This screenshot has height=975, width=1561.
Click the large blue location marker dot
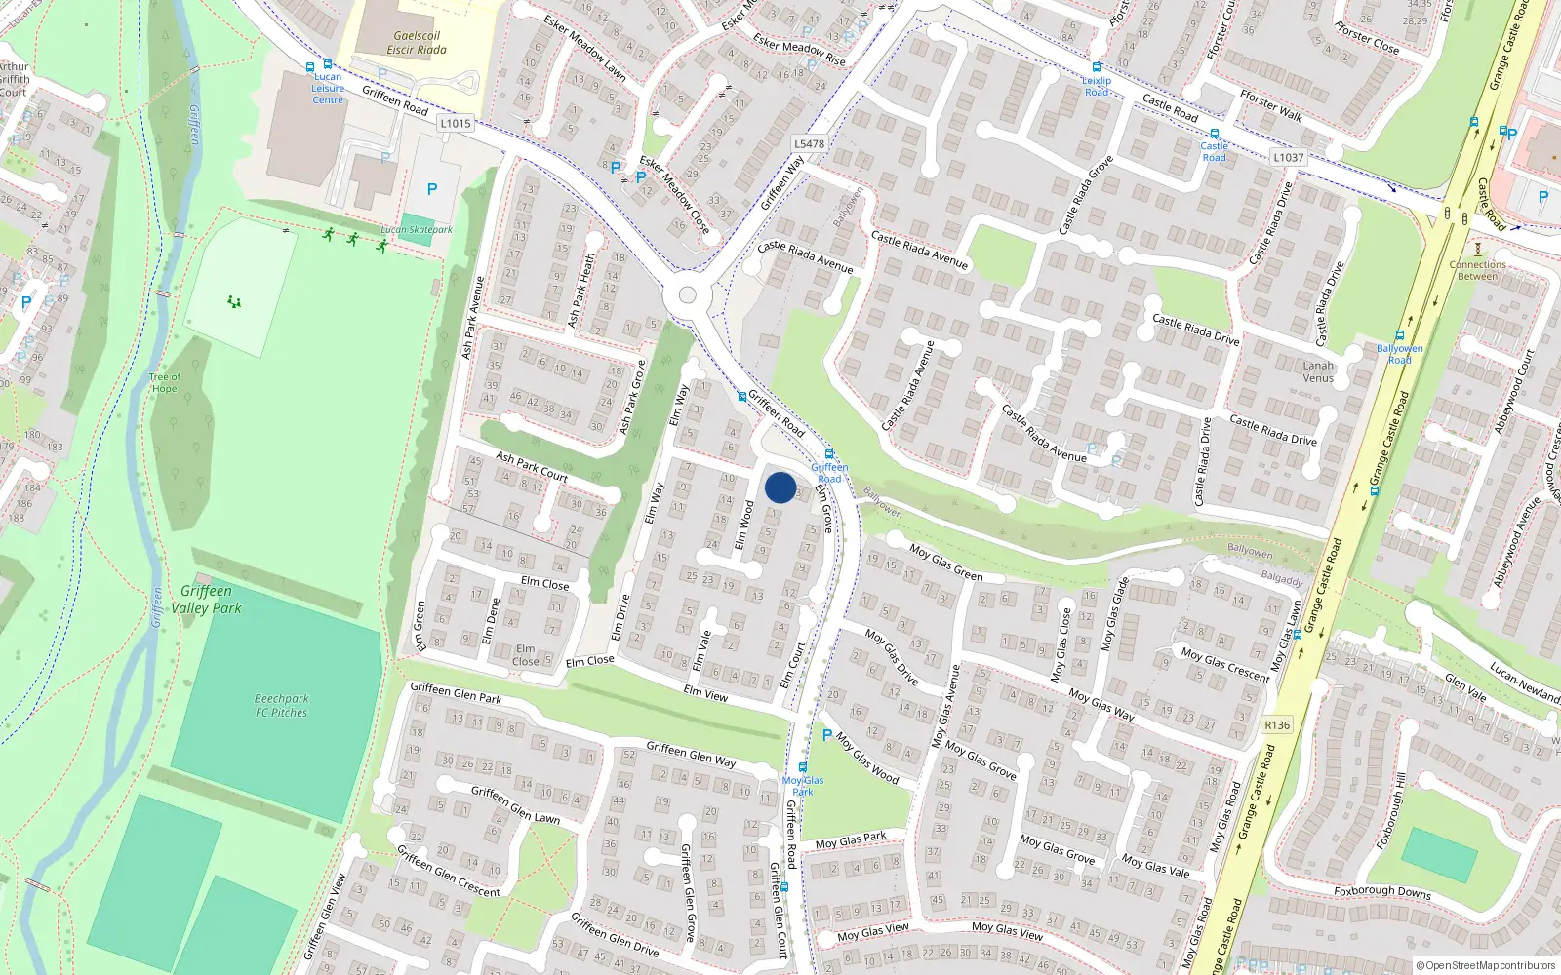click(x=780, y=487)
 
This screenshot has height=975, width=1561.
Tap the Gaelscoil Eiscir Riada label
click(x=417, y=43)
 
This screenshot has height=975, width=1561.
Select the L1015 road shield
click(x=456, y=124)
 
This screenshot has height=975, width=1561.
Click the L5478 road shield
click(x=809, y=144)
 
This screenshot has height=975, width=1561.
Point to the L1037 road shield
click(x=1288, y=157)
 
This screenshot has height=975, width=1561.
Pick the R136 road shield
click(x=1276, y=724)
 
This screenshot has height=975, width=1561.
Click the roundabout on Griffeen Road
click(x=687, y=295)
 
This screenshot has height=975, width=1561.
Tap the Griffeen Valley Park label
click(x=206, y=600)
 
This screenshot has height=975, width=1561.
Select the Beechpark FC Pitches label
click(x=281, y=705)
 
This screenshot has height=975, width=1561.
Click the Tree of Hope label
click(x=164, y=382)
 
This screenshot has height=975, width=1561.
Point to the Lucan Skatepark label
click(x=417, y=230)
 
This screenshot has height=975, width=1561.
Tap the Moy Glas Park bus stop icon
click(x=803, y=767)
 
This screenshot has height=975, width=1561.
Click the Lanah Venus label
click(x=1318, y=371)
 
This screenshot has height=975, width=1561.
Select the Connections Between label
click(x=1477, y=270)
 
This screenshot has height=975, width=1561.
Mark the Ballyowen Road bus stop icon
click(x=1400, y=335)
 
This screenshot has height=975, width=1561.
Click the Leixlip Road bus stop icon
click(x=1097, y=67)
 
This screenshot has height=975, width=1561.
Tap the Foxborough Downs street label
click(x=1382, y=891)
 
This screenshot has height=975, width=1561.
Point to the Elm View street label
click(x=705, y=694)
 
